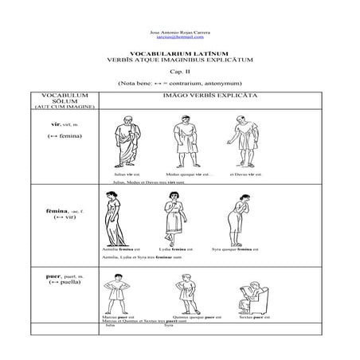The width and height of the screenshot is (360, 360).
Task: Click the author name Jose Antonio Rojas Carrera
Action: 180,31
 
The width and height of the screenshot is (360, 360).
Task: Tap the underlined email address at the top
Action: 180,37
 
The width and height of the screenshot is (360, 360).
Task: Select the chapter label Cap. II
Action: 179,71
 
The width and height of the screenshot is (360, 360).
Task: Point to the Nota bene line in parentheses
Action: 179,82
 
